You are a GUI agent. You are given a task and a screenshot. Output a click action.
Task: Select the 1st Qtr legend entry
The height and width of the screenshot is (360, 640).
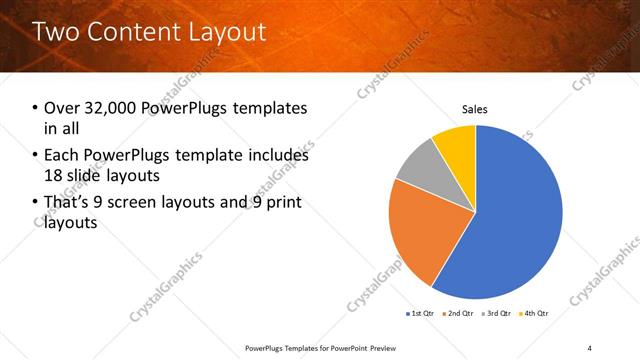[x=419, y=314]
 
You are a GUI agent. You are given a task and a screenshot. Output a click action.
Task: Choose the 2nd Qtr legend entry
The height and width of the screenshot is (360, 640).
[x=458, y=314]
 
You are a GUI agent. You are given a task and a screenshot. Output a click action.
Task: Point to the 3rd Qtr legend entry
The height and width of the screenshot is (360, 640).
[x=496, y=314]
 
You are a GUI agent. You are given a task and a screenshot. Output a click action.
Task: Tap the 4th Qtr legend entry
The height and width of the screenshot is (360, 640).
[x=534, y=314]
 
